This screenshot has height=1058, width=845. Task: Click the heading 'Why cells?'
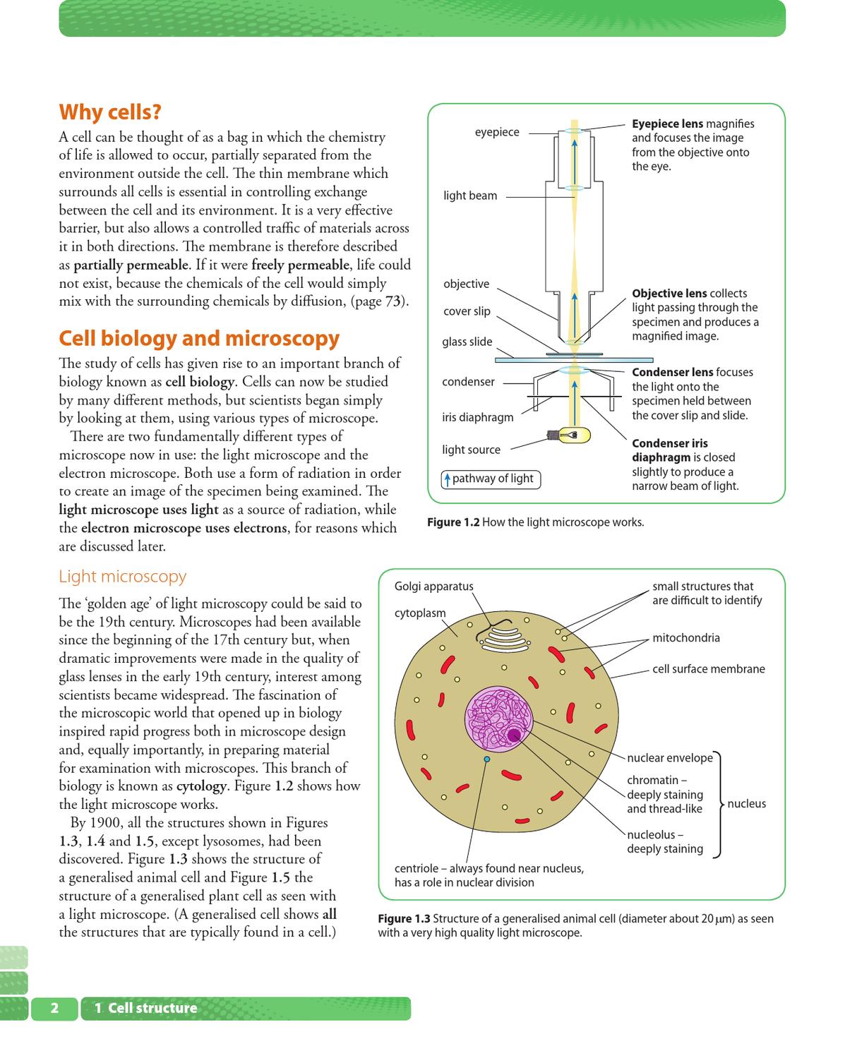pyautogui.click(x=110, y=112)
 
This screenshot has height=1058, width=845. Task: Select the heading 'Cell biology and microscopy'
pyautogui.click(x=199, y=338)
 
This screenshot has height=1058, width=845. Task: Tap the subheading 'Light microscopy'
pyautogui.click(x=122, y=576)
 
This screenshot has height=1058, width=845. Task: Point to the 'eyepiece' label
pyautogui.click(x=496, y=132)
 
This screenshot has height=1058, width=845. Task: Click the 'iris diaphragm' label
pyautogui.click(x=477, y=417)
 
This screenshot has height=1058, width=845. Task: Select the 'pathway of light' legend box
pyautogui.click(x=491, y=479)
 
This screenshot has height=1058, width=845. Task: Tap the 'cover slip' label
pyautogui.click(x=467, y=311)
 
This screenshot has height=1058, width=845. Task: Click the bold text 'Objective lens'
pyautogui.click(x=669, y=293)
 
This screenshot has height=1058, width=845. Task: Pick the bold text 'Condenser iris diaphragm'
pyautogui.click(x=669, y=450)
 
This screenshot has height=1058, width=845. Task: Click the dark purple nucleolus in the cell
pyautogui.click(x=514, y=736)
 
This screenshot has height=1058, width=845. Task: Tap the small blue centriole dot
pyautogui.click(x=486, y=759)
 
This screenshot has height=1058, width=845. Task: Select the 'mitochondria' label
pyautogui.click(x=685, y=638)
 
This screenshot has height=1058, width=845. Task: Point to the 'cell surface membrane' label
pyautogui.click(x=708, y=669)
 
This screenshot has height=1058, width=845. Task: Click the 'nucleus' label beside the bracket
pyautogui.click(x=746, y=804)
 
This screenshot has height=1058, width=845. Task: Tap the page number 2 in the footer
pyautogui.click(x=54, y=1008)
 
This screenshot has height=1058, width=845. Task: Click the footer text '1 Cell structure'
pyautogui.click(x=146, y=1008)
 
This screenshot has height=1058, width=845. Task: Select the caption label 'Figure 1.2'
pyautogui.click(x=453, y=522)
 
